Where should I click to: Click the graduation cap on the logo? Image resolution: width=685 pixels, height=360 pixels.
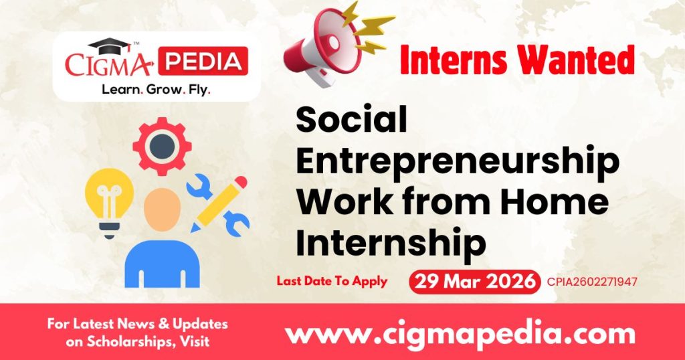[x=110, y=46]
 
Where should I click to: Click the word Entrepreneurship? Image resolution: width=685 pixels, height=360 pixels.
[x=458, y=162]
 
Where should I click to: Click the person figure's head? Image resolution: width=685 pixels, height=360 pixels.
[x=162, y=207]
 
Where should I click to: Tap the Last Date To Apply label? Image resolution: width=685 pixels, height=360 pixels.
[x=332, y=281]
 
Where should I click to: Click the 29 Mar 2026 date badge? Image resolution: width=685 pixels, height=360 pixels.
[x=474, y=281]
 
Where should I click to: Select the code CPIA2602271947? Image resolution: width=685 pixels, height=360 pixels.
[x=591, y=282]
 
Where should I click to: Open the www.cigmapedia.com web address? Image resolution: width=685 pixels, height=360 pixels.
[x=460, y=333]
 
